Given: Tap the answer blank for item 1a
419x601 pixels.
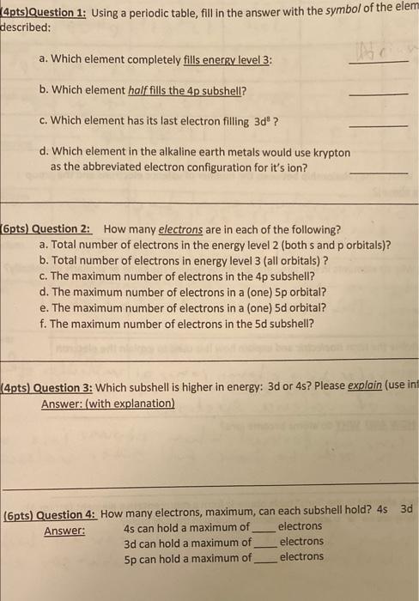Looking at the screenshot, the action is click(x=379, y=62).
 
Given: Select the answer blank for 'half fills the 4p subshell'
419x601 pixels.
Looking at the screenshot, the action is click(x=379, y=93).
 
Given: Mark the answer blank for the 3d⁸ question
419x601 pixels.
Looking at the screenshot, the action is click(x=379, y=124).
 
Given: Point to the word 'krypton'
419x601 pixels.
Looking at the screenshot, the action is click(x=331, y=152).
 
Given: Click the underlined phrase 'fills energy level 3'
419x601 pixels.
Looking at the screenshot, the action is click(x=234, y=61).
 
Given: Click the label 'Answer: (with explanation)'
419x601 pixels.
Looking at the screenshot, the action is click(x=107, y=404).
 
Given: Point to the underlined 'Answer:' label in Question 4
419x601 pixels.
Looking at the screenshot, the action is click(x=64, y=531).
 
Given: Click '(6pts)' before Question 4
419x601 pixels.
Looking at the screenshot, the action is click(x=20, y=514).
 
